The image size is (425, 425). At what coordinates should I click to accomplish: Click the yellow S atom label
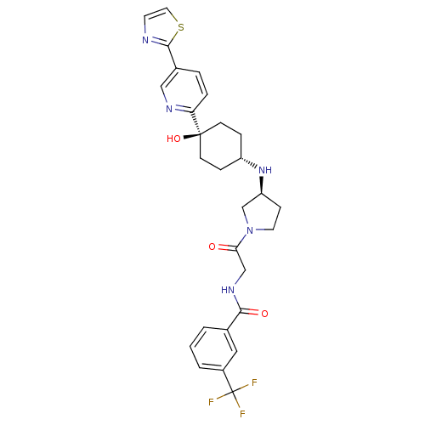[x=180, y=27]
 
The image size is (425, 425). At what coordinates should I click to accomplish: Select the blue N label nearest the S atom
[x=145, y=40]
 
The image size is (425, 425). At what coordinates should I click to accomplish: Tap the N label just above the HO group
[x=168, y=109]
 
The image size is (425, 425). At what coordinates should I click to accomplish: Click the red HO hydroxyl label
[x=173, y=139]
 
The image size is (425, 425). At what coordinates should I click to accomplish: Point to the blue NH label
[x=265, y=170]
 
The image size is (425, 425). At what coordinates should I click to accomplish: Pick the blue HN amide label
[x=228, y=290]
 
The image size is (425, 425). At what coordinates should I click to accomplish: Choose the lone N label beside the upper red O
[x=250, y=230]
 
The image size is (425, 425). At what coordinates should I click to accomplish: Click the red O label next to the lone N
[x=212, y=246]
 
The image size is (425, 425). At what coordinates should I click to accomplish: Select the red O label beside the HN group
[x=264, y=314]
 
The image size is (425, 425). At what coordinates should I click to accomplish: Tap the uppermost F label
[x=254, y=383]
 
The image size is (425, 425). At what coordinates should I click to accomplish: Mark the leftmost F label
[x=211, y=402]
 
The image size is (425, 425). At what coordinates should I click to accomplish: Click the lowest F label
[x=242, y=414]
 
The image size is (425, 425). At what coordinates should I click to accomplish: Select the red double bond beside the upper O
[x=224, y=247]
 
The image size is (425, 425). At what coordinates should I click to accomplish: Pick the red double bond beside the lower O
[x=253, y=311]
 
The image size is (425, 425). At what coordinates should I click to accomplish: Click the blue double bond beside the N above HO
[x=180, y=108]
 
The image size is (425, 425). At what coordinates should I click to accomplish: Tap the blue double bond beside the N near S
[x=156, y=41]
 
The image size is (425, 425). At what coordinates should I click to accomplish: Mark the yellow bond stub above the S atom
[x=174, y=18]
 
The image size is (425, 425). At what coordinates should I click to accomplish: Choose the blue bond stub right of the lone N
[x=260, y=229]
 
